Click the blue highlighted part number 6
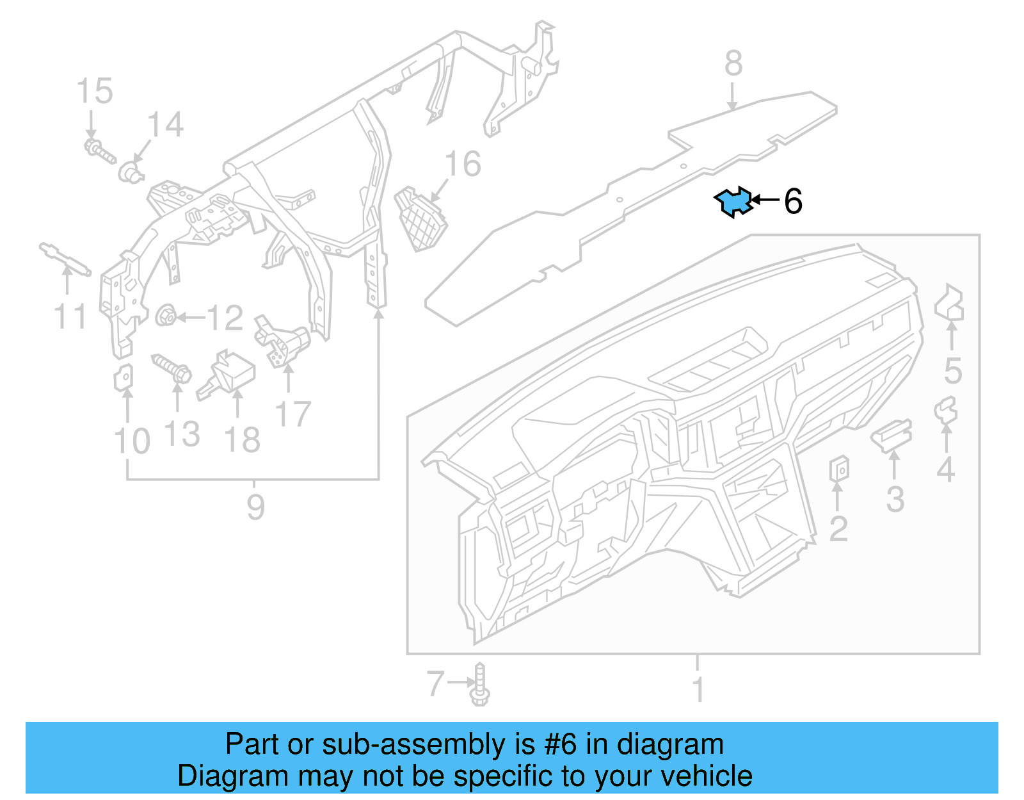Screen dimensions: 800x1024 click(733, 202)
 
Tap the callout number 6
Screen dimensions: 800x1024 click(793, 202)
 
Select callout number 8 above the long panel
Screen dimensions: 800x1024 click(733, 64)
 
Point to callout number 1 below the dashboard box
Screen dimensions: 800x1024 click(698, 689)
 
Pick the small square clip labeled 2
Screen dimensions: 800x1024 click(839, 469)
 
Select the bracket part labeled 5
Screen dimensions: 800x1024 click(950, 304)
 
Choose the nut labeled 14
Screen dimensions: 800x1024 click(131, 172)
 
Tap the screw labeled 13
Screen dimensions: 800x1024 click(172, 368)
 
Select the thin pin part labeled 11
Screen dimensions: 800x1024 click(64, 259)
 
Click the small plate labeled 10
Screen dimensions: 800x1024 click(124, 378)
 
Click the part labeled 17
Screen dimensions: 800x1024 click(282, 340)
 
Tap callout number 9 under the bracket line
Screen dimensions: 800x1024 click(255, 507)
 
